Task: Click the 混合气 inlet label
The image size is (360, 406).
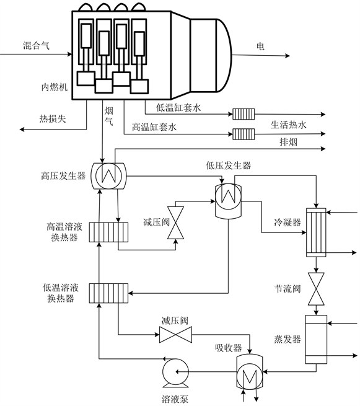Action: pos(36,46)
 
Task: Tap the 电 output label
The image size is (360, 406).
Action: pos(260,46)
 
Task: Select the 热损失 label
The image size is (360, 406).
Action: pos(53,118)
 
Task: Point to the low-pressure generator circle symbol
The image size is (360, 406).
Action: pos(228,196)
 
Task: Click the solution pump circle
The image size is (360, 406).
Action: pos(175,371)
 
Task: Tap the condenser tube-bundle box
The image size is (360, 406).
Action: pos(316,232)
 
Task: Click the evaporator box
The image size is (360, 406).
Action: pos(316,339)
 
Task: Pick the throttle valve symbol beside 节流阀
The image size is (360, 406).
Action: pos(316,289)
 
